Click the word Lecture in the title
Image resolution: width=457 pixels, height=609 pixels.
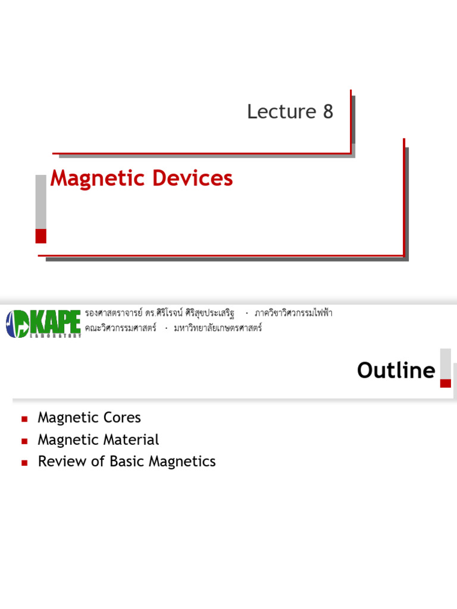(x=281, y=112)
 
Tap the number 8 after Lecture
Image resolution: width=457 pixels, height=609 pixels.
(x=328, y=112)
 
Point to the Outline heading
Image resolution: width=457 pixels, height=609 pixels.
(x=396, y=371)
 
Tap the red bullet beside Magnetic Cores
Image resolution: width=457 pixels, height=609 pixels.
(x=24, y=419)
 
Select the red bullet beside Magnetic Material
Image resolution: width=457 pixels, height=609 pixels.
(x=24, y=441)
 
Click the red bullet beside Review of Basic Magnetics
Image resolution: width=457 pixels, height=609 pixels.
(x=24, y=462)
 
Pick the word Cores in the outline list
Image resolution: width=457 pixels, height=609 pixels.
(x=122, y=417)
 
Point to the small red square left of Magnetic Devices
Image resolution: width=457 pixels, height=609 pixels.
(x=41, y=236)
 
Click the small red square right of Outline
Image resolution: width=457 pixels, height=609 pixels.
(x=445, y=383)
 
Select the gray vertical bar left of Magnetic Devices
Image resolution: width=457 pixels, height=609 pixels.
(x=41, y=201)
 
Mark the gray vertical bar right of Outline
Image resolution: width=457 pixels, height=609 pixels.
(x=445, y=363)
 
